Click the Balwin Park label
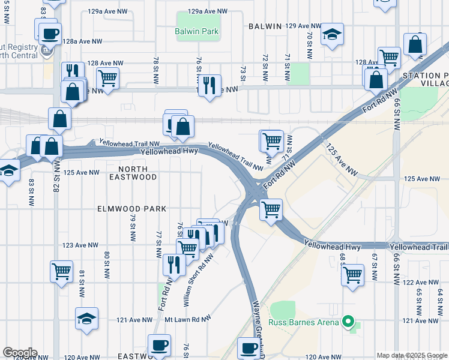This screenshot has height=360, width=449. (197, 31)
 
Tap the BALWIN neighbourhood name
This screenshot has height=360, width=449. (265, 26)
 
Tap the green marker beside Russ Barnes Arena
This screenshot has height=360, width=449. (348, 323)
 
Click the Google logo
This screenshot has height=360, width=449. (20, 353)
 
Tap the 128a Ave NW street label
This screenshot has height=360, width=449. (82, 41)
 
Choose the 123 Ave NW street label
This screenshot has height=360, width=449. (80, 245)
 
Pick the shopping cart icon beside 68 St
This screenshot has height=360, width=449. (352, 275)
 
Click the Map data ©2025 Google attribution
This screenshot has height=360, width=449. (412, 355)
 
